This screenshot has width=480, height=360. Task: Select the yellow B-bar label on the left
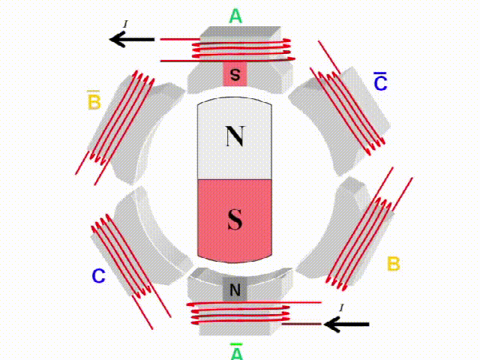(x=94, y=101)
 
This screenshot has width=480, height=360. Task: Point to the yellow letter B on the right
(x=393, y=264)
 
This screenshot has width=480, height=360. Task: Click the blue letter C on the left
(x=98, y=276)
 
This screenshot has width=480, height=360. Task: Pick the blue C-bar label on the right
(x=380, y=82)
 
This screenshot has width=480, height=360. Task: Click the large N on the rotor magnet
(x=235, y=136)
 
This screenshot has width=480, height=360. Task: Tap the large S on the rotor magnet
(x=235, y=220)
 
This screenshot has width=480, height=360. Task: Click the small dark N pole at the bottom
(x=235, y=289)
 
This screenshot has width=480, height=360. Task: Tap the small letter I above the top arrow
(x=125, y=25)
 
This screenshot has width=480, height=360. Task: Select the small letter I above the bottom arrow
(x=342, y=307)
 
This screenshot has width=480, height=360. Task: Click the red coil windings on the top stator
(x=240, y=49)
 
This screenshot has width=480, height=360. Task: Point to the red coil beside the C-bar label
(x=349, y=105)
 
